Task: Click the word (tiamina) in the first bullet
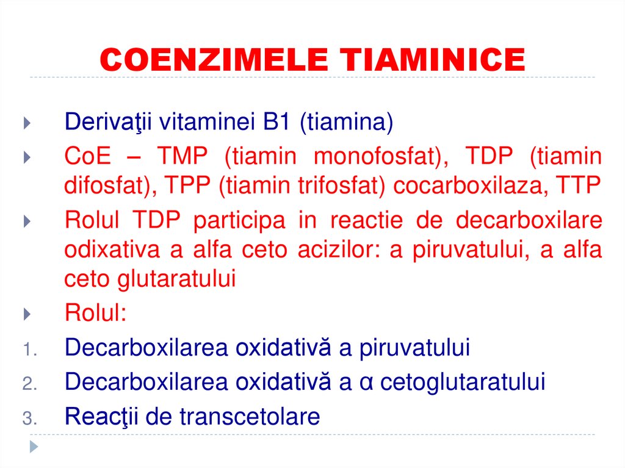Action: pos(346,123)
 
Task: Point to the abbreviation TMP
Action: pos(182,156)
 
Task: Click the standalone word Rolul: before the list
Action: pos(95,314)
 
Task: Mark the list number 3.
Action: pos(31,419)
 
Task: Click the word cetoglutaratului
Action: pos(463,383)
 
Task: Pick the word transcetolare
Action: pos(250,417)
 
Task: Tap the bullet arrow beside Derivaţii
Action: pos(27,123)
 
